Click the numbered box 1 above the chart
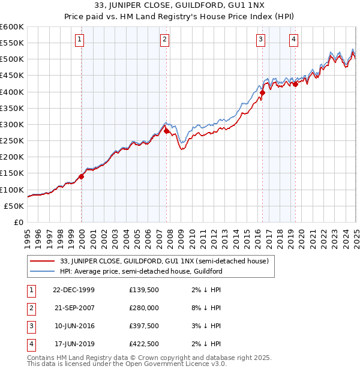click(x=80, y=40)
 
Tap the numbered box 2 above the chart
click(x=164, y=40)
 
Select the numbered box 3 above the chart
click(x=261, y=40)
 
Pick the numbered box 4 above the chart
click(x=294, y=40)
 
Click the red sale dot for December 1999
click(x=82, y=176)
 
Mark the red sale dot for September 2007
click(x=166, y=131)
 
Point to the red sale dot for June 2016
click(x=262, y=92)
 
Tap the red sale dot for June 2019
click(x=295, y=85)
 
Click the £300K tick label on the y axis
click(x=12, y=124)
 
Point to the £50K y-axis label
click(x=14, y=206)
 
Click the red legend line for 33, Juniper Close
click(x=43, y=261)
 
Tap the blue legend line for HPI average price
click(x=43, y=271)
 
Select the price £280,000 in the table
click(x=144, y=308)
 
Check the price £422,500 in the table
click(x=144, y=344)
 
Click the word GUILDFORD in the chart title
click(x=197, y=7)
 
